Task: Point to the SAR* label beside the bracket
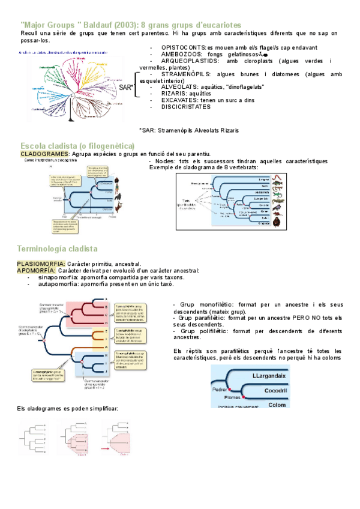point(126,88)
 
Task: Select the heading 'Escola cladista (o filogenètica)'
point(77,146)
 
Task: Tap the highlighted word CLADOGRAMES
point(45,154)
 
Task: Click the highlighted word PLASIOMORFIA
point(41,264)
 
